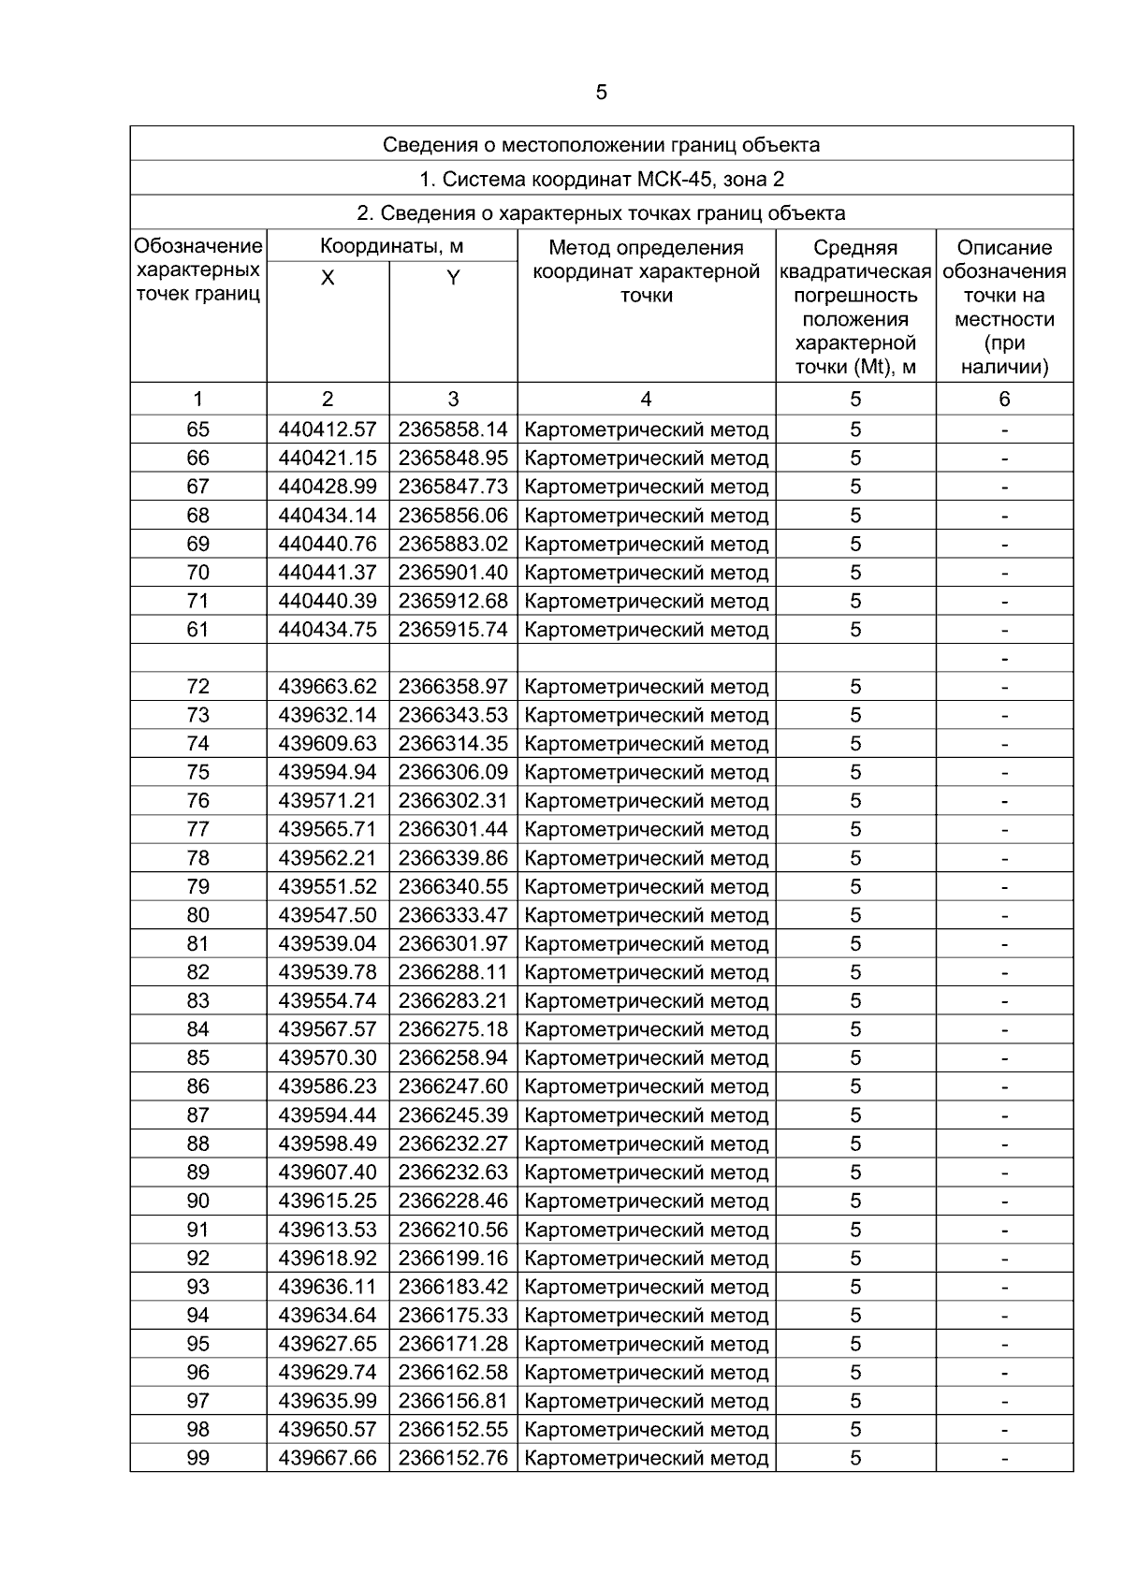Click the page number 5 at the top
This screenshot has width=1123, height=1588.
601,93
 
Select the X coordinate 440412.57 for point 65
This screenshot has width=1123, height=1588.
328,430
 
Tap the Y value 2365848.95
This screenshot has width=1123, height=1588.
453,459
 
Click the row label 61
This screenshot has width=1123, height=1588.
198,630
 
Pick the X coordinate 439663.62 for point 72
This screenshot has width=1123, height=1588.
328,687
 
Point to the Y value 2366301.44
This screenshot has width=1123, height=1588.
453,830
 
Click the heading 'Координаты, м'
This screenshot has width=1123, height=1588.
391,247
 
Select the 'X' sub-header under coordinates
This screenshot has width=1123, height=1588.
328,278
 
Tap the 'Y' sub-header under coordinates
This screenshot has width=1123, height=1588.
453,278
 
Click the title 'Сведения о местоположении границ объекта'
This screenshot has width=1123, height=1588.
601,145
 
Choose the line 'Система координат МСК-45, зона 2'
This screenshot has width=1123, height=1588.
601,180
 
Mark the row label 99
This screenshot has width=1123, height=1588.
198,1458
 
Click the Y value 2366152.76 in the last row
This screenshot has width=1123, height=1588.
453,1458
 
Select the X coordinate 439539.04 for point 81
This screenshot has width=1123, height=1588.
328,944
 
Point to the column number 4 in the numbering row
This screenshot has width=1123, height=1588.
646,400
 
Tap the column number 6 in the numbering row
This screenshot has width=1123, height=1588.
1004,400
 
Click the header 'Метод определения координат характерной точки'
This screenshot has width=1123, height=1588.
646,271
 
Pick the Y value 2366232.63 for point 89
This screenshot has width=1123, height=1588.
453,1173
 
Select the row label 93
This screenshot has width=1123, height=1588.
198,1287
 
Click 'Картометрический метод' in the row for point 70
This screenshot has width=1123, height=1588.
646,573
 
